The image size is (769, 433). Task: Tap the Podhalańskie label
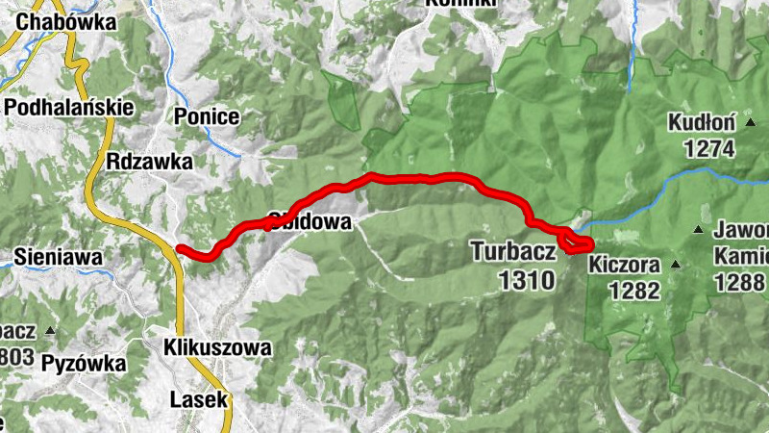[x=68, y=107]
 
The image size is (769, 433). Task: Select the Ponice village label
[x=207, y=116]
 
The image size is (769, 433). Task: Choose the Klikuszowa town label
[x=217, y=346]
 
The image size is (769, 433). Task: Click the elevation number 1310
[x=527, y=280]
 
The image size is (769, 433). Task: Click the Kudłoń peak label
[x=703, y=123]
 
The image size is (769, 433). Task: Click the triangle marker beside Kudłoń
[x=749, y=122]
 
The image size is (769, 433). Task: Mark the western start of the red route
[x=181, y=249]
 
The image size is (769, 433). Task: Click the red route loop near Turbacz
[x=577, y=244]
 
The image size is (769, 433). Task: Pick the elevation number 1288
[x=741, y=282]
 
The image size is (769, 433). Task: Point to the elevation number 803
[x=17, y=358]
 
